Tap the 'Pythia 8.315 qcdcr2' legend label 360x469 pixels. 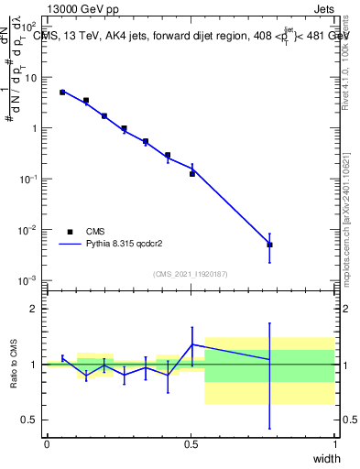pos(126,245)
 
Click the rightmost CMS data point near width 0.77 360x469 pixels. pos(269,245)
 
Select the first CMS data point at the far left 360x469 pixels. pos(62,93)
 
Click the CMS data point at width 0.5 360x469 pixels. pos(192,173)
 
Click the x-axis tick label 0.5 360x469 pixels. pos(191,444)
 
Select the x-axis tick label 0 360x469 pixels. pos(47,444)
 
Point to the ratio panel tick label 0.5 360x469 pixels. pos(30,420)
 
